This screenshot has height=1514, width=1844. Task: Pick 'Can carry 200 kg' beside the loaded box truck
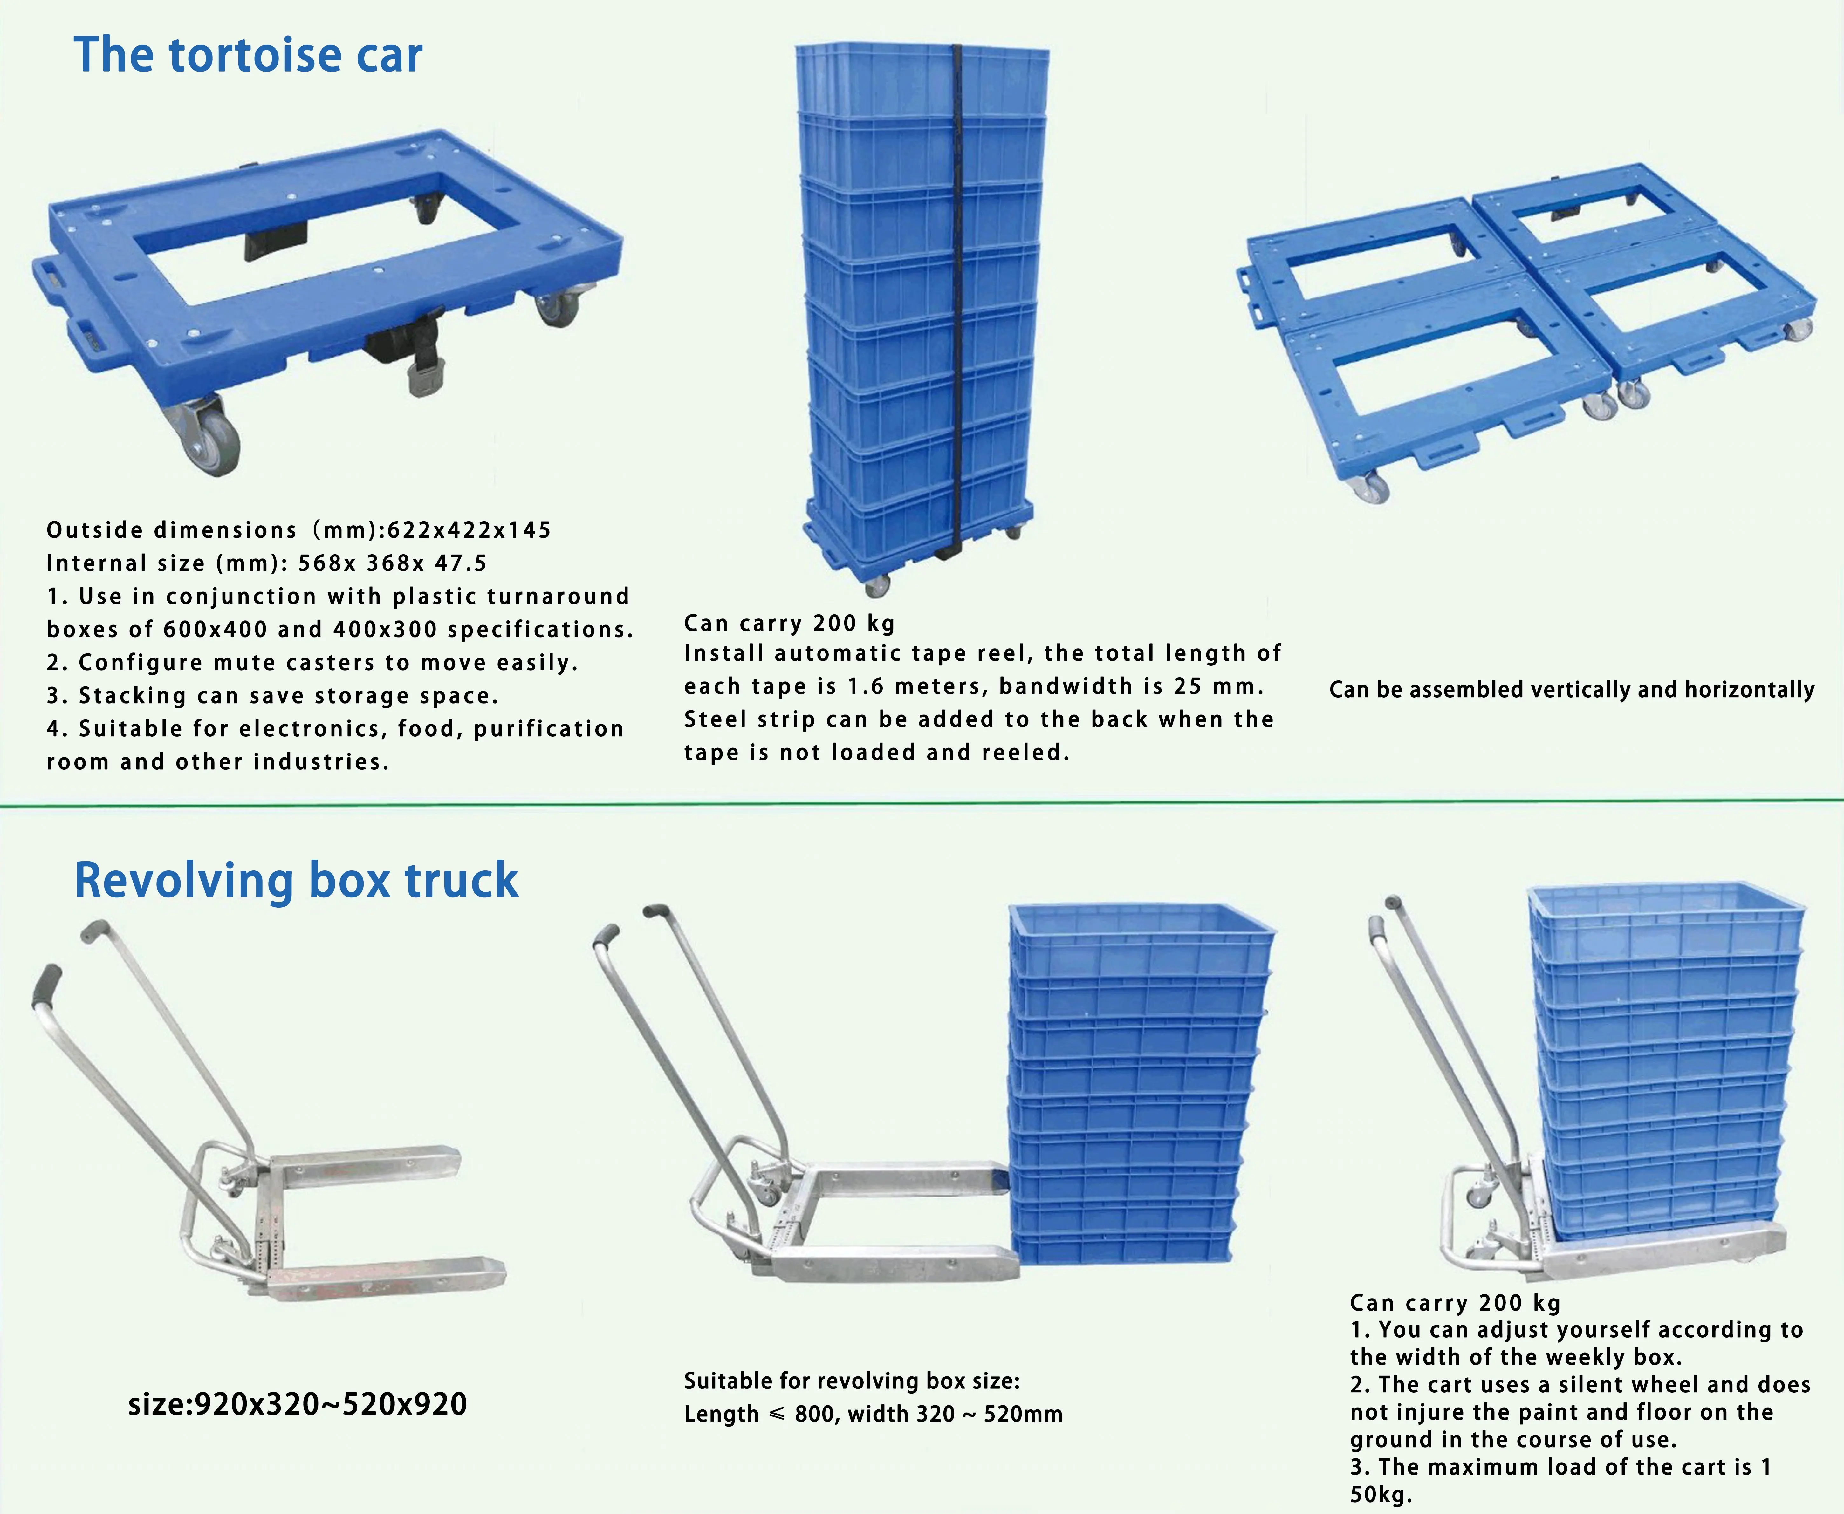pyautogui.click(x=1455, y=1303)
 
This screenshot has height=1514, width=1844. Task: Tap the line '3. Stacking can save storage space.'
pyautogui.click(x=272, y=696)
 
